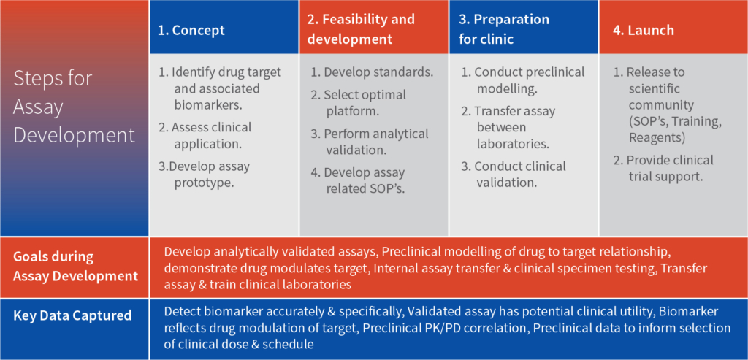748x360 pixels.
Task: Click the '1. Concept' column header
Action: (x=191, y=31)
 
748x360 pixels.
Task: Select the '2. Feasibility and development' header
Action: (x=361, y=29)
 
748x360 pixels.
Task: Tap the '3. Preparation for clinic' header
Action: (x=504, y=29)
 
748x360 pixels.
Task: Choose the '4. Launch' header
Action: (x=644, y=31)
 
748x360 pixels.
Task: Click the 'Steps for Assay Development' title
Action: (x=74, y=107)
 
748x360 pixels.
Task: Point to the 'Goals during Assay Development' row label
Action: (x=75, y=266)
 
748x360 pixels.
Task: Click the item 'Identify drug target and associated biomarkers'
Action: (x=221, y=88)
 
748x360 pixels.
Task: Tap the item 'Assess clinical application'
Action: (x=205, y=135)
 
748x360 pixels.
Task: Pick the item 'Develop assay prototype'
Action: (x=205, y=174)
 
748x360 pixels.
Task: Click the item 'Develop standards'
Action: (x=372, y=73)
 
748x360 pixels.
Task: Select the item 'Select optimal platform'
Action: (x=358, y=102)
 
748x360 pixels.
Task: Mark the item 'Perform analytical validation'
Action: (x=370, y=142)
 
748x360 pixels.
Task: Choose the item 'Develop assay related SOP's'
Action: (x=358, y=180)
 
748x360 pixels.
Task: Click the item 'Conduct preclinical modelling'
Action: (x=523, y=80)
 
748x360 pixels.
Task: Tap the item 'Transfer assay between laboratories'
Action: (x=508, y=127)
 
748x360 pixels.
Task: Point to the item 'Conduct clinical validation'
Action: (x=514, y=174)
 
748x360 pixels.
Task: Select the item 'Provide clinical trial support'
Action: (x=663, y=169)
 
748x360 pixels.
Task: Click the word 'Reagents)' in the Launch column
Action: (x=658, y=137)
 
